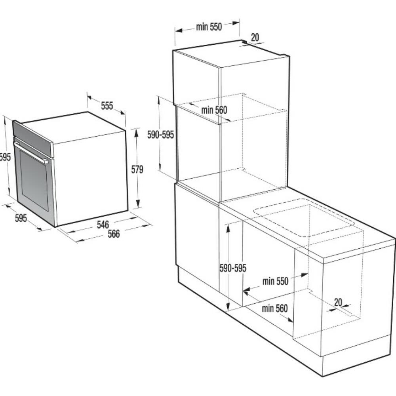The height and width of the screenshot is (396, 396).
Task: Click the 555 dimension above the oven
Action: click(107, 106)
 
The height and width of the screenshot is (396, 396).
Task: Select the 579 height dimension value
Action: click(137, 169)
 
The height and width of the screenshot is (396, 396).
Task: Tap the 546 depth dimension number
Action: click(103, 224)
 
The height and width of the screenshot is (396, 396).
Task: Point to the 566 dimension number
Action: click(114, 234)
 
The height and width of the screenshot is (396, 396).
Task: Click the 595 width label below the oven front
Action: click(21, 218)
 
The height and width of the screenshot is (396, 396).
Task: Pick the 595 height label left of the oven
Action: click(5, 157)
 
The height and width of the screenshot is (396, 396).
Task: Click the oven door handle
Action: click(31, 152)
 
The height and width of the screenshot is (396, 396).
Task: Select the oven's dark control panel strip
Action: click(33, 138)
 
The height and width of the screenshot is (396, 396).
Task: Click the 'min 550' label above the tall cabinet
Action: click(209, 27)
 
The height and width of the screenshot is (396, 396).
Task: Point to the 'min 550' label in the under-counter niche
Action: click(275, 281)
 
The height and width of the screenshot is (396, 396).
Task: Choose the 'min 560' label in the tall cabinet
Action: click(214, 110)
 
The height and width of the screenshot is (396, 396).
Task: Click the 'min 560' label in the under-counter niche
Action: click(275, 308)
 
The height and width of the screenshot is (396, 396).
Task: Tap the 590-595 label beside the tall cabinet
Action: click(161, 135)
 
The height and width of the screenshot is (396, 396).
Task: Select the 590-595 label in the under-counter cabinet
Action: click(233, 268)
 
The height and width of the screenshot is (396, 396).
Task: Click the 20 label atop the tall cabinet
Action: click(255, 37)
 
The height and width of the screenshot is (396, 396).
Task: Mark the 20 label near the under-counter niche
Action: click(338, 302)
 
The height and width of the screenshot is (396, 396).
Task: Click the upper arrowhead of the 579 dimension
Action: click(136, 133)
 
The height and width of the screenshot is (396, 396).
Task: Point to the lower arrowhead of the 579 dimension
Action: click(138, 204)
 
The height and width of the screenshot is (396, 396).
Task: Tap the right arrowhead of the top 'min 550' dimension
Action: click(236, 23)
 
